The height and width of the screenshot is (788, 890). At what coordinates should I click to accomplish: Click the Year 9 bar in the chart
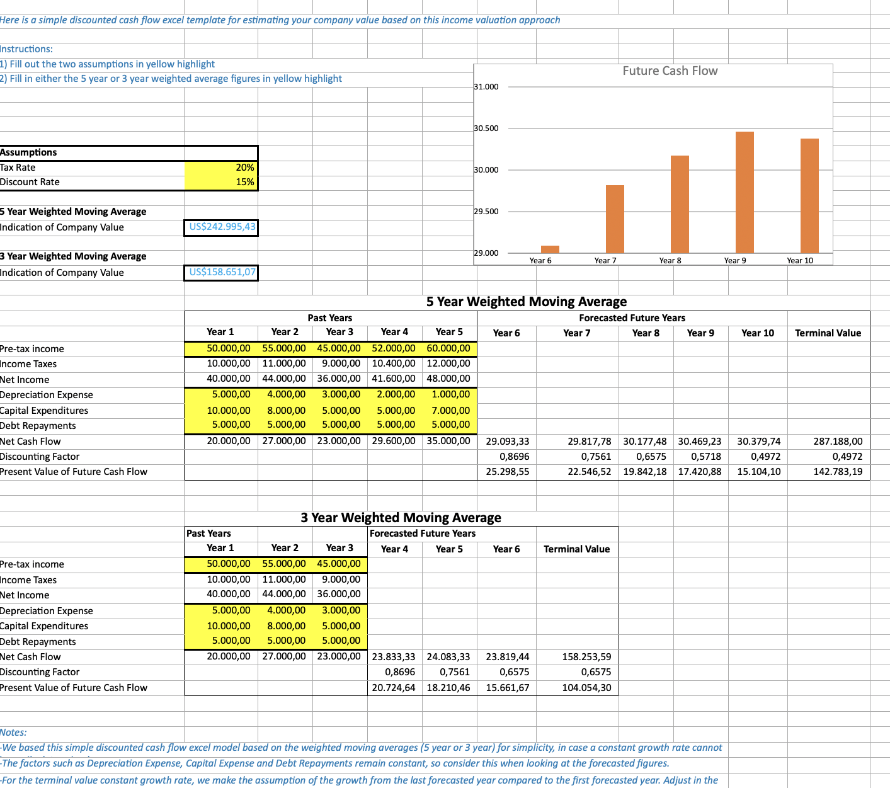745,192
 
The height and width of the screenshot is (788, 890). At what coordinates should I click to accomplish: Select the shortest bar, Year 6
550,249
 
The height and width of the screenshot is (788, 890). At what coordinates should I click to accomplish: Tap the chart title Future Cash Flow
670,71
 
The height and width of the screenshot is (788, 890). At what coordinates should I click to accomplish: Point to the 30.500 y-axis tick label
486,128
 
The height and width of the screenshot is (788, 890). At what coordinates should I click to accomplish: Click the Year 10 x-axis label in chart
799,261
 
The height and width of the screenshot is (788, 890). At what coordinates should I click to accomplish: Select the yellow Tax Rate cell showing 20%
221,168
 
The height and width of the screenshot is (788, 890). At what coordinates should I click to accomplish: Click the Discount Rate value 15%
221,182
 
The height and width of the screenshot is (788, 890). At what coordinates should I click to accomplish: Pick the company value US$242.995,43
222,227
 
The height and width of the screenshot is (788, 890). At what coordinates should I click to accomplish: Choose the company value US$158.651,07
222,272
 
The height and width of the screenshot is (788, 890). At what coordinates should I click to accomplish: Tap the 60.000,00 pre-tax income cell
448,348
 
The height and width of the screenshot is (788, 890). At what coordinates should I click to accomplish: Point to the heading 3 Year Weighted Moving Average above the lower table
401,518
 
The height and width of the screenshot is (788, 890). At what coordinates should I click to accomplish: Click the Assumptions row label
28,152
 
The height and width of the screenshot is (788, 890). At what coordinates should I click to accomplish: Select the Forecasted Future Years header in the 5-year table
632,318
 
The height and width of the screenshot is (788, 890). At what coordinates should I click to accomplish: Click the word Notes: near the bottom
13,733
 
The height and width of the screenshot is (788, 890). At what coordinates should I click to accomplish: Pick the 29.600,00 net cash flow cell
393,442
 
